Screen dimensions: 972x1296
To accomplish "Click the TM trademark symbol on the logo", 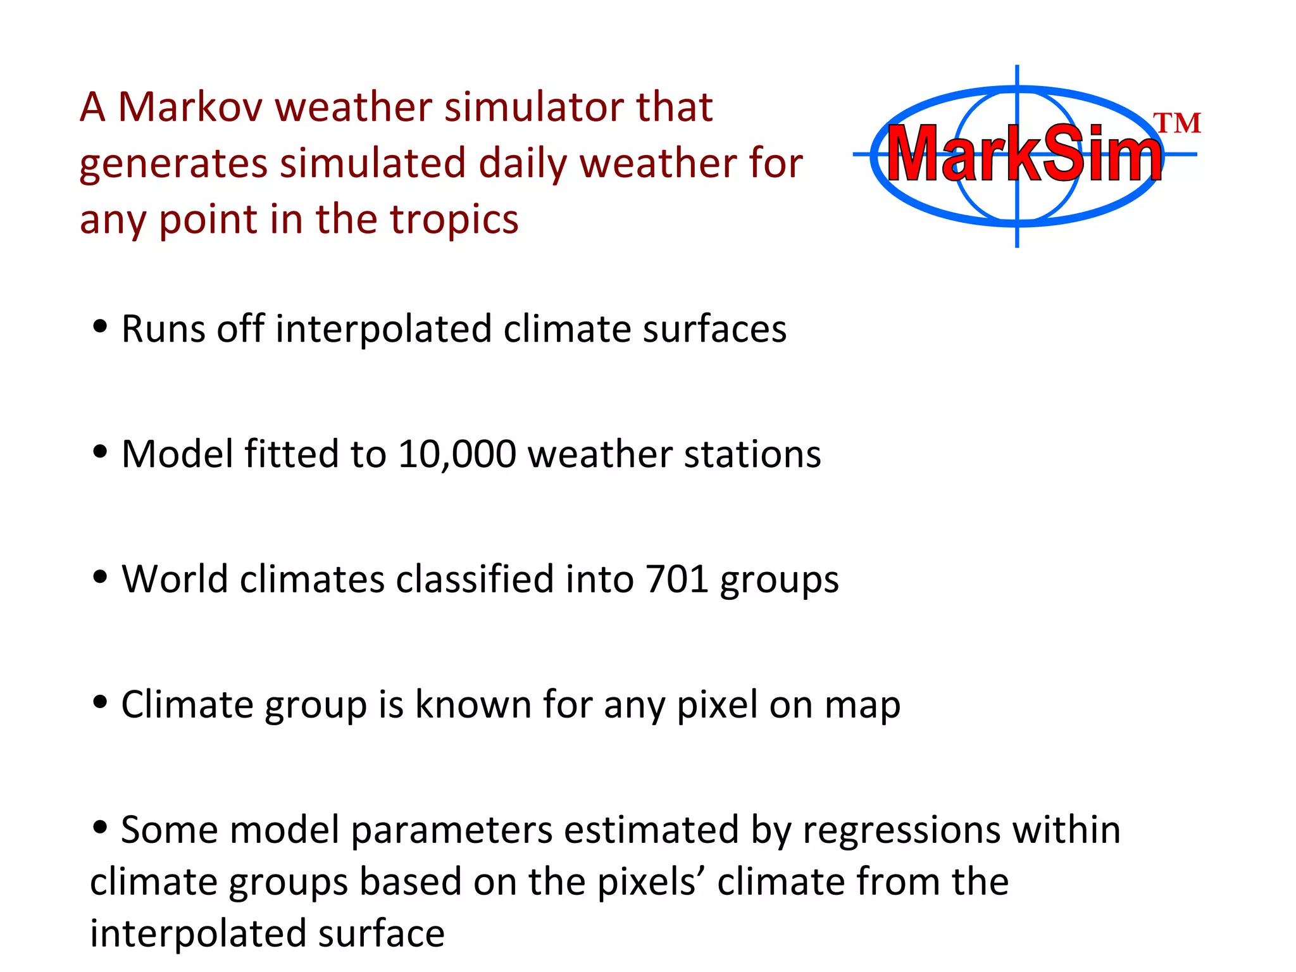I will coord(1176,123).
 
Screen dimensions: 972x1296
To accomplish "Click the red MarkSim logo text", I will coord(1023,154).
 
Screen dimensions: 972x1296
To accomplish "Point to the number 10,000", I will coord(456,454).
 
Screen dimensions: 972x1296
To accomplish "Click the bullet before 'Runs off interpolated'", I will coord(99,327).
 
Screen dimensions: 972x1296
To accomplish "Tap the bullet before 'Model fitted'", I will coord(99,452).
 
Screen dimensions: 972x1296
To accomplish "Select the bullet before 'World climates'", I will coord(99,576).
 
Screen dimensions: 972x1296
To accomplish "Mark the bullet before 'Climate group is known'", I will coord(99,702).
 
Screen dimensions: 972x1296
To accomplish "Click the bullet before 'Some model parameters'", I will coord(99,826).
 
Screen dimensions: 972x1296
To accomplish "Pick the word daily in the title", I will coord(523,163).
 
